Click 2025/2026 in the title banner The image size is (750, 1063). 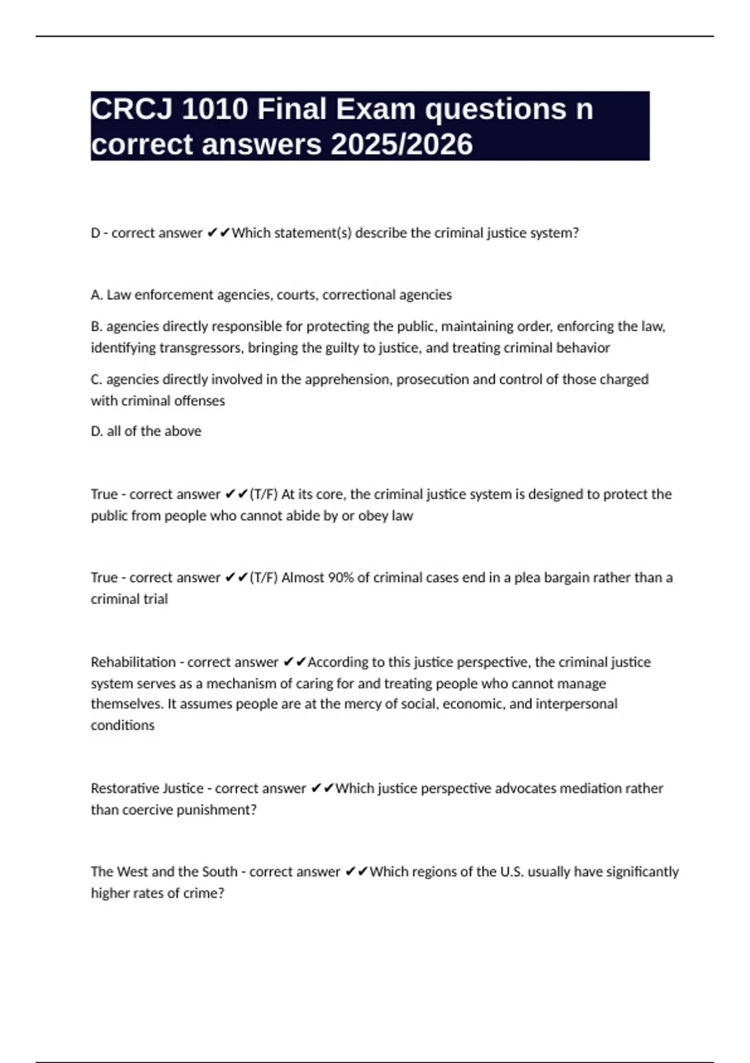click(x=402, y=144)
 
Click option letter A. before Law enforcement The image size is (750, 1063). click(x=97, y=295)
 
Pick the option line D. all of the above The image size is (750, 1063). click(x=146, y=431)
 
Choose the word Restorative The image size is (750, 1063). click(x=117, y=788)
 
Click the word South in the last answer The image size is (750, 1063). click(x=219, y=871)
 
